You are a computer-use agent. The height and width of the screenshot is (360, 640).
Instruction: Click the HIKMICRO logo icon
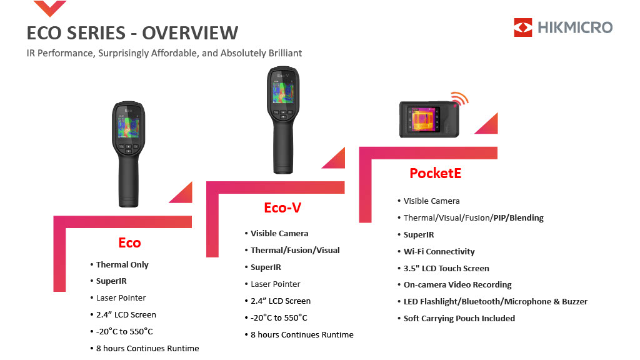click(523, 27)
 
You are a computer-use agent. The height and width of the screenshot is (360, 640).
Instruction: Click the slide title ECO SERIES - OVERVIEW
click(132, 33)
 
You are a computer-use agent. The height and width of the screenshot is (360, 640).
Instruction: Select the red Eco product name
click(129, 243)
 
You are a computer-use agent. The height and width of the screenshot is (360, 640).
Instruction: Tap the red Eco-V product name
click(282, 207)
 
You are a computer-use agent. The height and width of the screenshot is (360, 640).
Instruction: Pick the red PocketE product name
click(435, 173)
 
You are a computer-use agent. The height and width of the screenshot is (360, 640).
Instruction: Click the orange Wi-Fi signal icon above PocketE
click(460, 98)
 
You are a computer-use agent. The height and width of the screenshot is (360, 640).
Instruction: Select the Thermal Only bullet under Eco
click(122, 264)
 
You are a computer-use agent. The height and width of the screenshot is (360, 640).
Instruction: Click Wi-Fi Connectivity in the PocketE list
click(439, 251)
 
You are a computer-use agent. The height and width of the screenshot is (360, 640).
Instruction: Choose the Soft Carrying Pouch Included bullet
click(459, 318)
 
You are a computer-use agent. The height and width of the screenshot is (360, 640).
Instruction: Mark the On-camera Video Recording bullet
click(457, 284)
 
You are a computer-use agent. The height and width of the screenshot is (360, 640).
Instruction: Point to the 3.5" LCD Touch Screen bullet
click(446, 268)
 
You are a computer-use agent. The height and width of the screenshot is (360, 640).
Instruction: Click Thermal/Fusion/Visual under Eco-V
click(295, 250)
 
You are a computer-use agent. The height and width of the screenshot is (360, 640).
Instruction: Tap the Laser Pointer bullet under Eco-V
click(275, 284)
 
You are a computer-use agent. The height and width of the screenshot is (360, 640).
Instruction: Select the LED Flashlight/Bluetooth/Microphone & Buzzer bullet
click(495, 302)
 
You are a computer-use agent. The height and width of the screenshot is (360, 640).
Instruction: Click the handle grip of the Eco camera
click(129, 182)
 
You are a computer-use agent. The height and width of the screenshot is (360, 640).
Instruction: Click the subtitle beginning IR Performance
click(164, 54)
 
